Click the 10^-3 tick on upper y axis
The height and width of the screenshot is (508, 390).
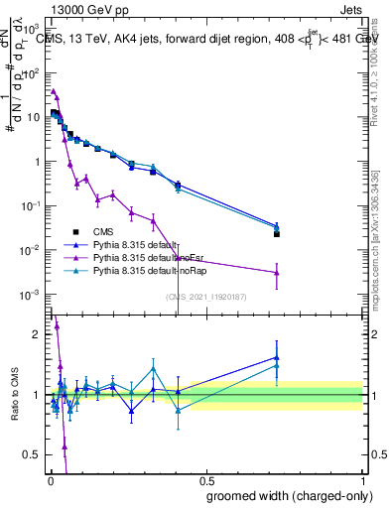point(32,295)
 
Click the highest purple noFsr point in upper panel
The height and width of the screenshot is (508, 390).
point(54,90)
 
